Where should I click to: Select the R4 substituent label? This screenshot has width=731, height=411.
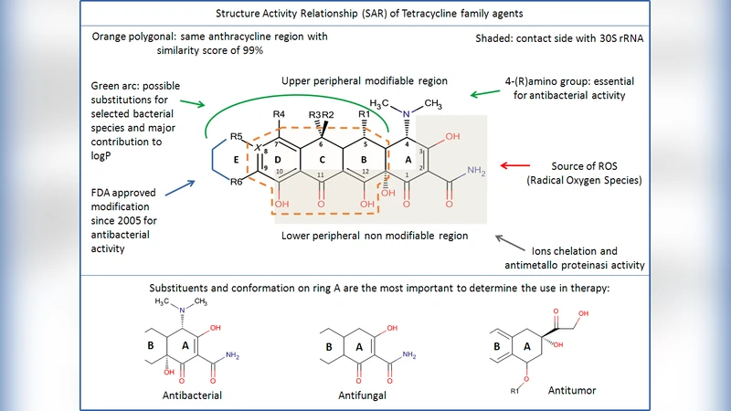pos(279,114)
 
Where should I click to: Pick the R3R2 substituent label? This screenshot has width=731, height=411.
pos(321,114)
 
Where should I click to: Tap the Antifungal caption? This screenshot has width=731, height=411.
pos(361,395)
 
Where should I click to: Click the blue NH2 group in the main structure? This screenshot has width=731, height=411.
pos(476,172)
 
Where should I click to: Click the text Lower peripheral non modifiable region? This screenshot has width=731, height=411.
pos(376,236)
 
